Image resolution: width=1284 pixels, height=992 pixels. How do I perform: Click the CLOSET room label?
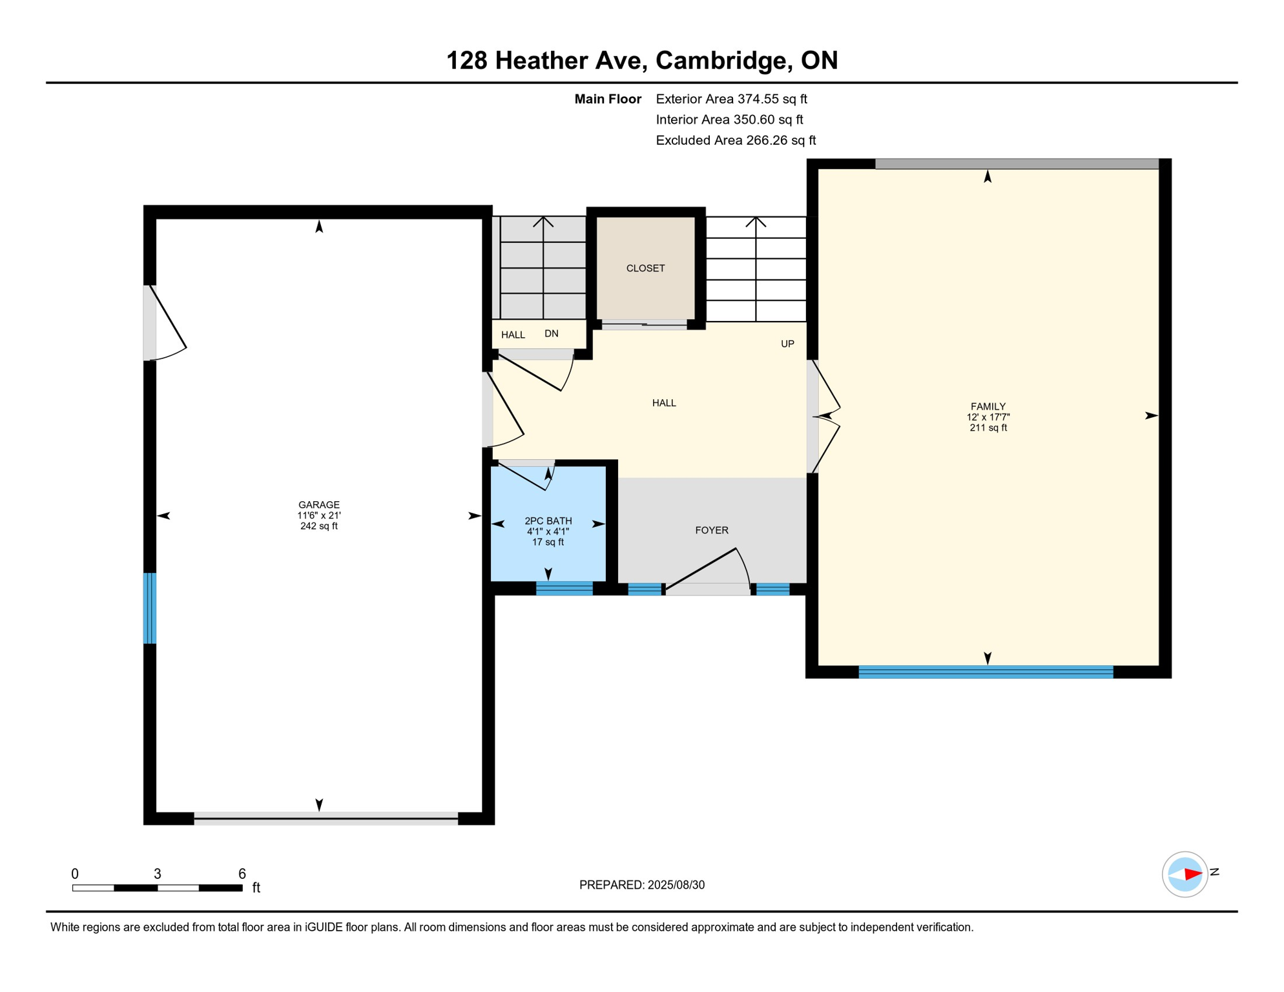click(645, 268)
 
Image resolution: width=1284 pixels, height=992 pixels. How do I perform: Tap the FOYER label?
click(711, 530)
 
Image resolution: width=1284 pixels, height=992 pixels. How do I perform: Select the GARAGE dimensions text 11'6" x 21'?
click(318, 515)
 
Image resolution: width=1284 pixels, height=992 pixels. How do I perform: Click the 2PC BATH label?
click(548, 521)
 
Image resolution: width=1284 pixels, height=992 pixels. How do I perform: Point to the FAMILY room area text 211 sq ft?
click(988, 428)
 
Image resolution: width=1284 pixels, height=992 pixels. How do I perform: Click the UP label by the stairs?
click(787, 344)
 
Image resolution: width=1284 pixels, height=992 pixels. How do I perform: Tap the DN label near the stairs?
click(551, 333)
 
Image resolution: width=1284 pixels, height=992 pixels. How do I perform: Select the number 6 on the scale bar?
click(242, 874)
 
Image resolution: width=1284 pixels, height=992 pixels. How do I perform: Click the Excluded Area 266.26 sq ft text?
click(735, 140)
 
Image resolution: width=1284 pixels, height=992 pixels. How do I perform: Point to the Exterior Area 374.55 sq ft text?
click(731, 99)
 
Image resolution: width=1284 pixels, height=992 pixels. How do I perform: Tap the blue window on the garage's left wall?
click(149, 608)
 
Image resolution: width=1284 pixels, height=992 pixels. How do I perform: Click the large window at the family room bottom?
click(985, 672)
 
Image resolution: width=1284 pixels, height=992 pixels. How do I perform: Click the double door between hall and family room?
click(825, 417)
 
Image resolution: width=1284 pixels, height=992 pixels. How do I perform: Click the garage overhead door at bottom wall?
click(326, 818)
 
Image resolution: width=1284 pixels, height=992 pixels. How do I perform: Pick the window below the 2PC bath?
click(564, 588)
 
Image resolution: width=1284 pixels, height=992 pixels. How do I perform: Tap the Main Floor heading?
click(607, 99)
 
